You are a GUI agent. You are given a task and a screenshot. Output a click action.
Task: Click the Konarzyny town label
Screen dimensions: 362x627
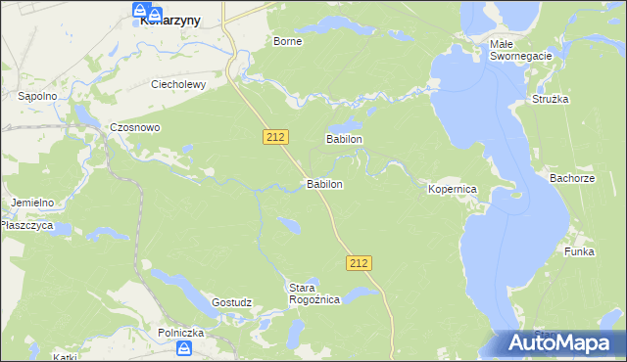[165, 20]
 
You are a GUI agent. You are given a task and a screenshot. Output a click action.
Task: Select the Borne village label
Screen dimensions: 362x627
[287, 41]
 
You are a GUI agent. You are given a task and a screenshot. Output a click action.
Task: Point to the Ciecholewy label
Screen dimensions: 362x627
[177, 84]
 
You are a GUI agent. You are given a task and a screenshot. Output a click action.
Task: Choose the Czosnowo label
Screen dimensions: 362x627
[134, 127]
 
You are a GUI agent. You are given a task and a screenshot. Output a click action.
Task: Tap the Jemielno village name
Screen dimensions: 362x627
[32, 203]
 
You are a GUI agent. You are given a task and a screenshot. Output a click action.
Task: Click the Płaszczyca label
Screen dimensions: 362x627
[25, 224]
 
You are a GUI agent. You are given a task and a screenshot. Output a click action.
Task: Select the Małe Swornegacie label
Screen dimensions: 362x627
[521, 51]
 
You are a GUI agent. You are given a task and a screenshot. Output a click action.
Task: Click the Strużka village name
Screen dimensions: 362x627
[551, 100]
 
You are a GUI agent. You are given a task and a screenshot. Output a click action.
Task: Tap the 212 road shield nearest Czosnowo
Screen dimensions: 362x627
[275, 138]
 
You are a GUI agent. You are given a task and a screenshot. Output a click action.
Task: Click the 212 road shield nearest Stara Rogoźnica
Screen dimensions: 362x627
[359, 262]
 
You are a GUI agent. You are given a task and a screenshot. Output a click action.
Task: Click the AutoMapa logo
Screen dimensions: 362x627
[558, 341]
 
